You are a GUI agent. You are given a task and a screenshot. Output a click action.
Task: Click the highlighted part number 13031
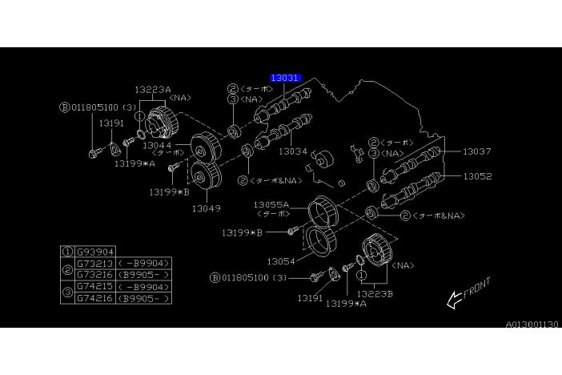[x=285, y=78]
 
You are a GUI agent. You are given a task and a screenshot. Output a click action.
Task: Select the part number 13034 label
[x=292, y=151]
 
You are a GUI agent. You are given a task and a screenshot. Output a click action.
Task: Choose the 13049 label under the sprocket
[x=206, y=208]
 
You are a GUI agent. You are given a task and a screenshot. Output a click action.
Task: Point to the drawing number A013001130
[x=532, y=325]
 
